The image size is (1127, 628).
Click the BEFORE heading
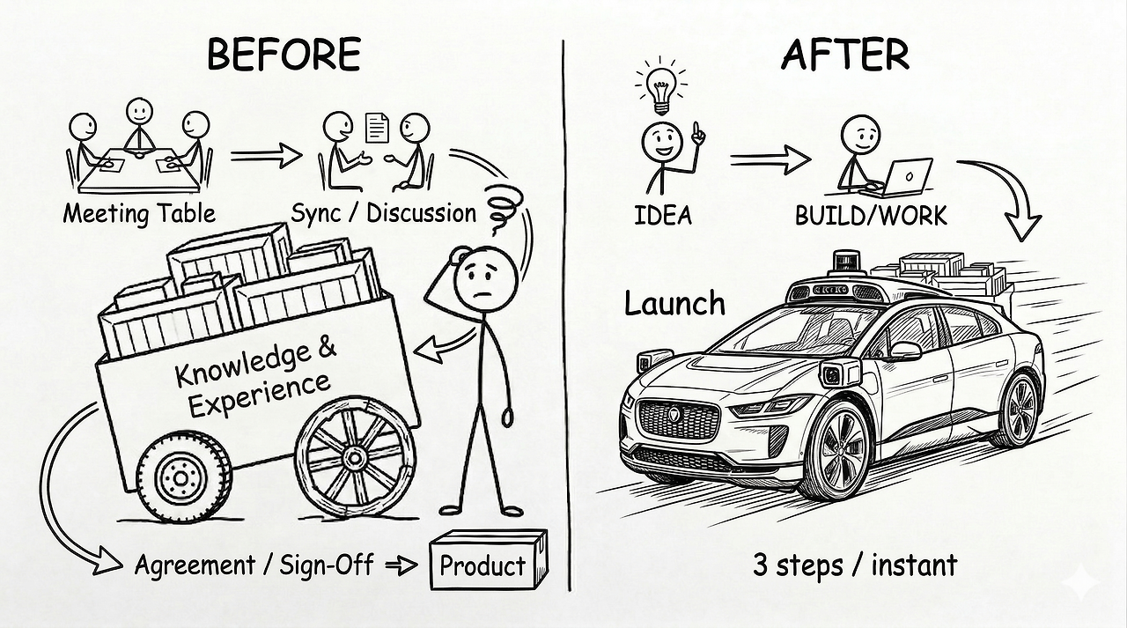tap(283, 55)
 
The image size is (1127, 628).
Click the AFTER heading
tap(844, 55)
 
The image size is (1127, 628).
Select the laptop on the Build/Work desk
tap(908, 176)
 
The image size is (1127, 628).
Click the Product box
tap(488, 562)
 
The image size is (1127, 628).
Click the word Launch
tap(674, 304)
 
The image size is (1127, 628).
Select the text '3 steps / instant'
tap(854, 565)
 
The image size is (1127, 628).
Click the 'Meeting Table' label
tap(139, 214)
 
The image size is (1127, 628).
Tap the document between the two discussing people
tap(377, 129)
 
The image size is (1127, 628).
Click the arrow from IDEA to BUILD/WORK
tap(770, 159)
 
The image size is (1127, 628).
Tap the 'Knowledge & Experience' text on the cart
tap(255, 376)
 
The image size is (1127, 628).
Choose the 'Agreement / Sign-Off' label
tap(255, 565)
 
